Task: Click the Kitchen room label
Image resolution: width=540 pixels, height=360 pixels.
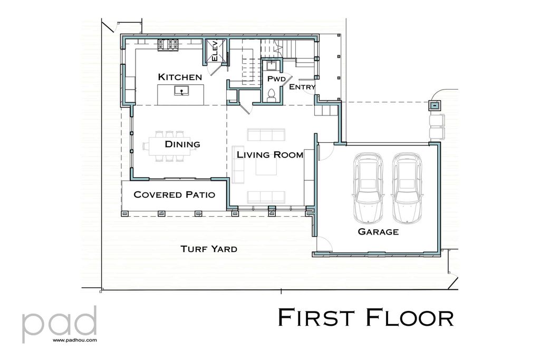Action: (180, 77)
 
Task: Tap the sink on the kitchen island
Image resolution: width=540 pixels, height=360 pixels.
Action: (182, 92)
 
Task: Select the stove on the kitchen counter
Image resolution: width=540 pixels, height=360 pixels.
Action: (169, 46)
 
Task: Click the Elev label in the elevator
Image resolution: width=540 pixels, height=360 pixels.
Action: (215, 51)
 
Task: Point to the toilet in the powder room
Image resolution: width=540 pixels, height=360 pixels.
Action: (272, 95)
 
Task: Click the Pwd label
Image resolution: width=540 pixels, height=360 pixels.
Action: (276, 79)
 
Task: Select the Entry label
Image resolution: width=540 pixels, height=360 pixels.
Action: (302, 87)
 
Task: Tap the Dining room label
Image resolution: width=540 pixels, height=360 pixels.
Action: (182, 144)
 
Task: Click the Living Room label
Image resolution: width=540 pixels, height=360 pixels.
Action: (269, 155)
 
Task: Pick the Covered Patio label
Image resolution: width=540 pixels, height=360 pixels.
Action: (174, 194)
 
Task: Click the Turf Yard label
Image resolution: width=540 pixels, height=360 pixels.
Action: (208, 249)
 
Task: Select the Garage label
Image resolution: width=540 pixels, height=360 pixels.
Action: (378, 232)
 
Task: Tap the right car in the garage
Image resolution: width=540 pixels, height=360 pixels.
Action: (407, 187)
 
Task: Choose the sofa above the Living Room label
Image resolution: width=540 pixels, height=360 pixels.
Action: (266, 135)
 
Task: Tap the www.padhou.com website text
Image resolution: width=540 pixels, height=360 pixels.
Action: (74, 340)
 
